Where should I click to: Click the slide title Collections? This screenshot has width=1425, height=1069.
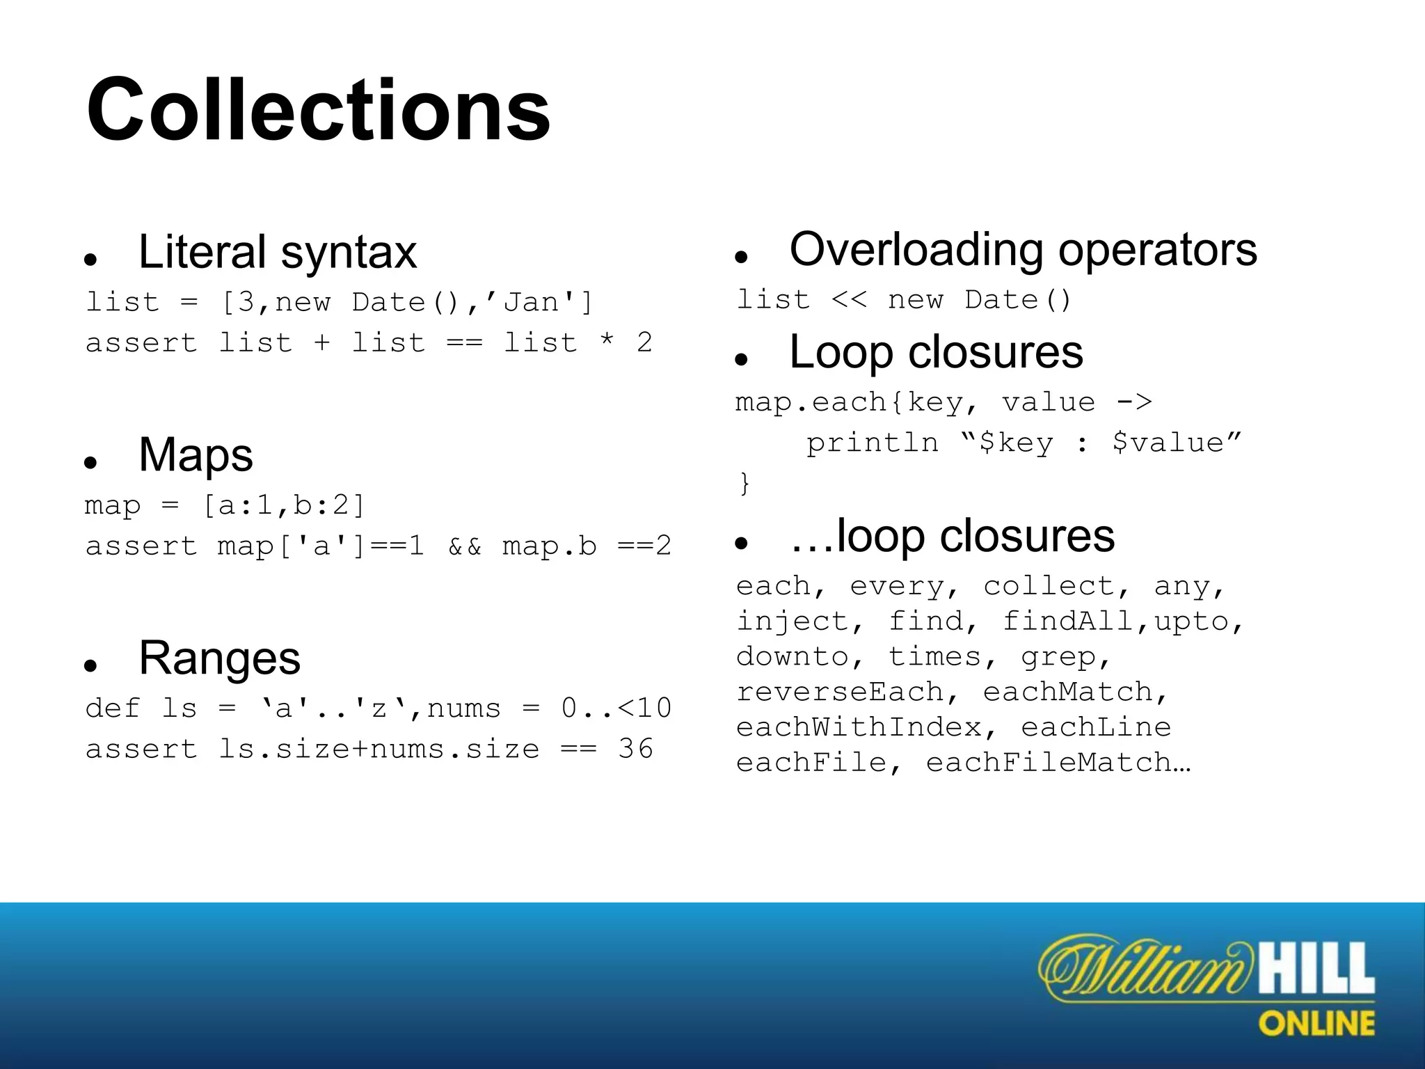318,111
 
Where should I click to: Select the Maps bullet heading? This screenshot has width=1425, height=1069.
196,455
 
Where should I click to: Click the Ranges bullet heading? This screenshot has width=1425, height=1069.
219,658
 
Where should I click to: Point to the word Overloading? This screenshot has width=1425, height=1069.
916,249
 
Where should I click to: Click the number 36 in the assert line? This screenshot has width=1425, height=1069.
635,750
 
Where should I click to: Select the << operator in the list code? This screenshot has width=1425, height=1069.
849,300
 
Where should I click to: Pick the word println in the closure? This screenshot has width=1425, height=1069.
872,443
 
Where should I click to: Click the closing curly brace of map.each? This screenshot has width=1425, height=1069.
745,483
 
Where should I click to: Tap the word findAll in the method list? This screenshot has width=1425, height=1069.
1068,621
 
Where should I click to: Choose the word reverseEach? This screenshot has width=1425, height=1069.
839,692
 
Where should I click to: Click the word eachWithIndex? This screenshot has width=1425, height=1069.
859,727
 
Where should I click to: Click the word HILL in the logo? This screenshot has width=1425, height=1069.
1315,968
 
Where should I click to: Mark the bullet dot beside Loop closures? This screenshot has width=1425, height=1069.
741,359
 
